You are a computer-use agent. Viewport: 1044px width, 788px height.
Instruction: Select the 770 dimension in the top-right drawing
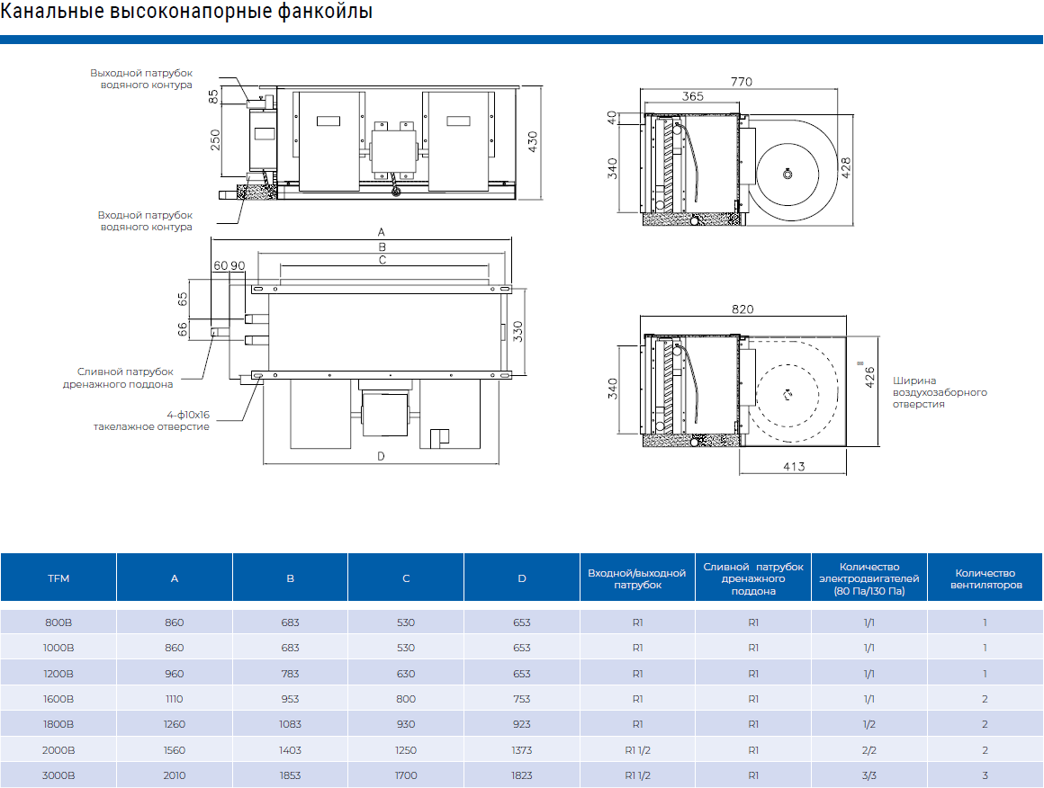(741, 82)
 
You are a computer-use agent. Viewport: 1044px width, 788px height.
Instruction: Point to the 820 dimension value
(742, 309)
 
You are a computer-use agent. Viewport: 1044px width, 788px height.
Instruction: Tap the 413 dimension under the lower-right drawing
(793, 467)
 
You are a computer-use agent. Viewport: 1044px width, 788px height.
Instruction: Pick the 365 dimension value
(692, 96)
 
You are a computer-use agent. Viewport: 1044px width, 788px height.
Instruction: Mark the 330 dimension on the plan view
(518, 331)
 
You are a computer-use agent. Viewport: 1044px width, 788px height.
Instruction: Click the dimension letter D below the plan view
(381, 456)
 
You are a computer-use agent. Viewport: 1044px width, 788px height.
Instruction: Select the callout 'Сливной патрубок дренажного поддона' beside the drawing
(124, 378)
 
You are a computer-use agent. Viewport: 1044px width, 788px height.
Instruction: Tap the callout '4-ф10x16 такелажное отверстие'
(152, 420)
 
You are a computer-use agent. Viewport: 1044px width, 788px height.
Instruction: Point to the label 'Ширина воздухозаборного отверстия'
(940, 392)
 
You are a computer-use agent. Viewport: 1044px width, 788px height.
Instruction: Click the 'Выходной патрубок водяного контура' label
(141, 78)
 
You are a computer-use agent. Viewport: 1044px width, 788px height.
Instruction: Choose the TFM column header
(58, 578)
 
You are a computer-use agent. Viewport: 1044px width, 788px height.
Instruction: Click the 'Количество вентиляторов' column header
(985, 578)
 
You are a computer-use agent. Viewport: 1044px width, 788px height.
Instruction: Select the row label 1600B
(58, 699)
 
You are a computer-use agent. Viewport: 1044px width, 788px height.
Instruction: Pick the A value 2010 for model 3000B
(175, 775)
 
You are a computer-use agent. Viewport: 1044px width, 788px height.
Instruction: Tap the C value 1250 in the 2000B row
(406, 750)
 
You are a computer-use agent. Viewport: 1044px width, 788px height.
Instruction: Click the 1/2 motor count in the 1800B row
(869, 724)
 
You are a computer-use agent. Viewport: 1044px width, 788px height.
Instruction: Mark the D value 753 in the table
(522, 699)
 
